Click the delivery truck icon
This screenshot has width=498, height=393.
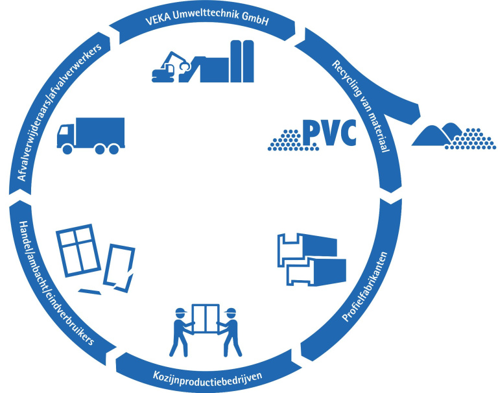click(90, 135)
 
